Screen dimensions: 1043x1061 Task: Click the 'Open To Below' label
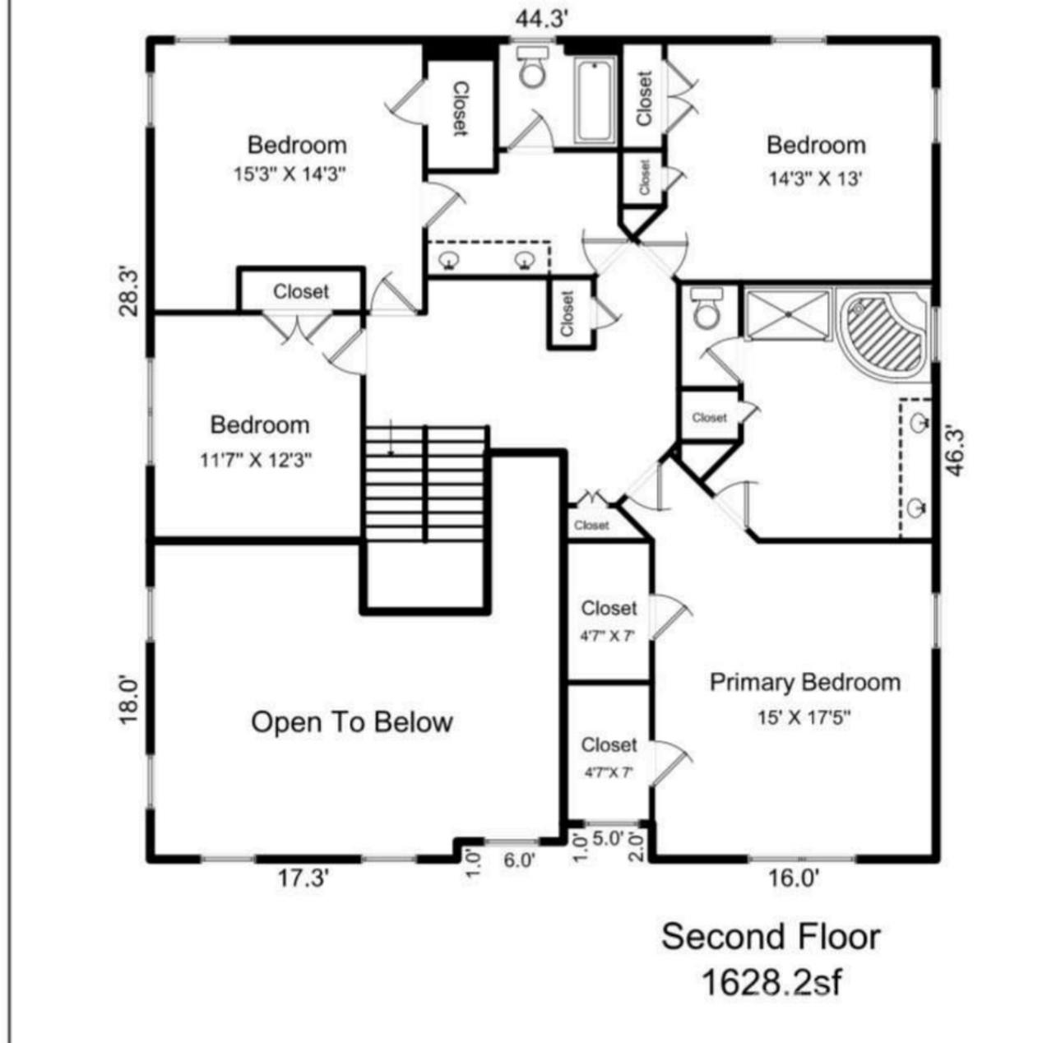pos(351,722)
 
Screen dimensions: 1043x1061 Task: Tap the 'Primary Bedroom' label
pos(804,683)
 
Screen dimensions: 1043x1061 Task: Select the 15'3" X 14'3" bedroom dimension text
pos(287,174)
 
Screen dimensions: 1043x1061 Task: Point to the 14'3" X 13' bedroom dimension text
pos(814,178)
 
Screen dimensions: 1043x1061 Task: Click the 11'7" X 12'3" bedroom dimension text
pos(256,460)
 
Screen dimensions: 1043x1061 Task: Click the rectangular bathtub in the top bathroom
pos(593,101)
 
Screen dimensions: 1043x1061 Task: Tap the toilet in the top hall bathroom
pos(533,68)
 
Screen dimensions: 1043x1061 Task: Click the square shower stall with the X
pos(787,313)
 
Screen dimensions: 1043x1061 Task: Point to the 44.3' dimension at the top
pos(541,19)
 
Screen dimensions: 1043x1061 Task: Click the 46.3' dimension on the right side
pos(957,450)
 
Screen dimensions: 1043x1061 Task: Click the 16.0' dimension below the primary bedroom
pos(793,878)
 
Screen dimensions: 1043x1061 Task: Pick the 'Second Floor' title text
pos(771,937)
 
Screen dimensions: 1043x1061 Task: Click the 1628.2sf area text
pos(771,981)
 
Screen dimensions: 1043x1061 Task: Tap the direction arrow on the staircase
pos(392,438)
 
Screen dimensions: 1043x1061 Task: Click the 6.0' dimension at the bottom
pos(519,860)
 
